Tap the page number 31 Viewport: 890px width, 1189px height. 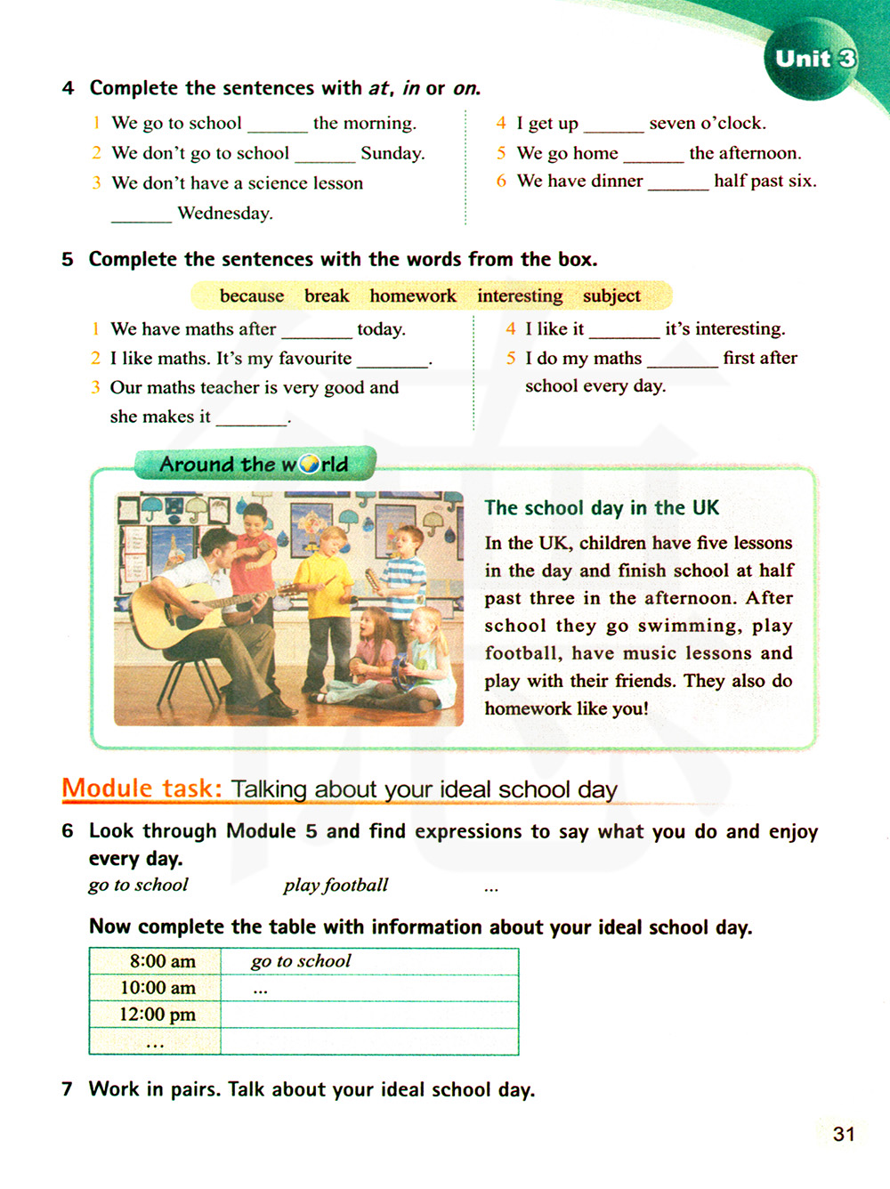point(844,1134)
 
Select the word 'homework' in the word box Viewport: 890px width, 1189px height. point(413,295)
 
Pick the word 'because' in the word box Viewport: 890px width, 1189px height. point(252,295)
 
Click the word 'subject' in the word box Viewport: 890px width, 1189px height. point(611,295)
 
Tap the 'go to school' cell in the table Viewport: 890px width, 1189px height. point(301,961)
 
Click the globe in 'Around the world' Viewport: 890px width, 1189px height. point(309,464)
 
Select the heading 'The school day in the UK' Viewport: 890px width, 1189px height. point(602,508)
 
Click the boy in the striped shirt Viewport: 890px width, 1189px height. point(405,578)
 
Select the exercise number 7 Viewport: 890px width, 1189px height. point(68,1089)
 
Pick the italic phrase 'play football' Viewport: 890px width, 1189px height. point(336,885)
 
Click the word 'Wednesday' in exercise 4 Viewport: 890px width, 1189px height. point(225,213)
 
